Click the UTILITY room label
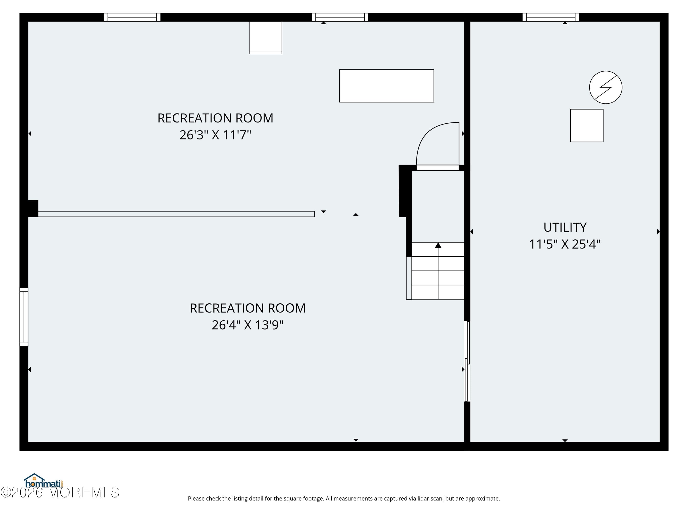[565, 227]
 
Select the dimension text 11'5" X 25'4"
[565, 244]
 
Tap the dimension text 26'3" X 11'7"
[215, 135]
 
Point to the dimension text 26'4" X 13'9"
[248, 325]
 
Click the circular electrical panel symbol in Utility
[606, 87]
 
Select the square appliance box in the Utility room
[587, 126]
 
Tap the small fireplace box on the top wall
[265, 37]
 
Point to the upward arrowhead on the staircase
[438, 246]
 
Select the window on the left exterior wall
[24, 317]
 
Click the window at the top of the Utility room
[551, 17]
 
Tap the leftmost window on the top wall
[132, 17]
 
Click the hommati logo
[44, 481]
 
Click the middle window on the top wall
[340, 17]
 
